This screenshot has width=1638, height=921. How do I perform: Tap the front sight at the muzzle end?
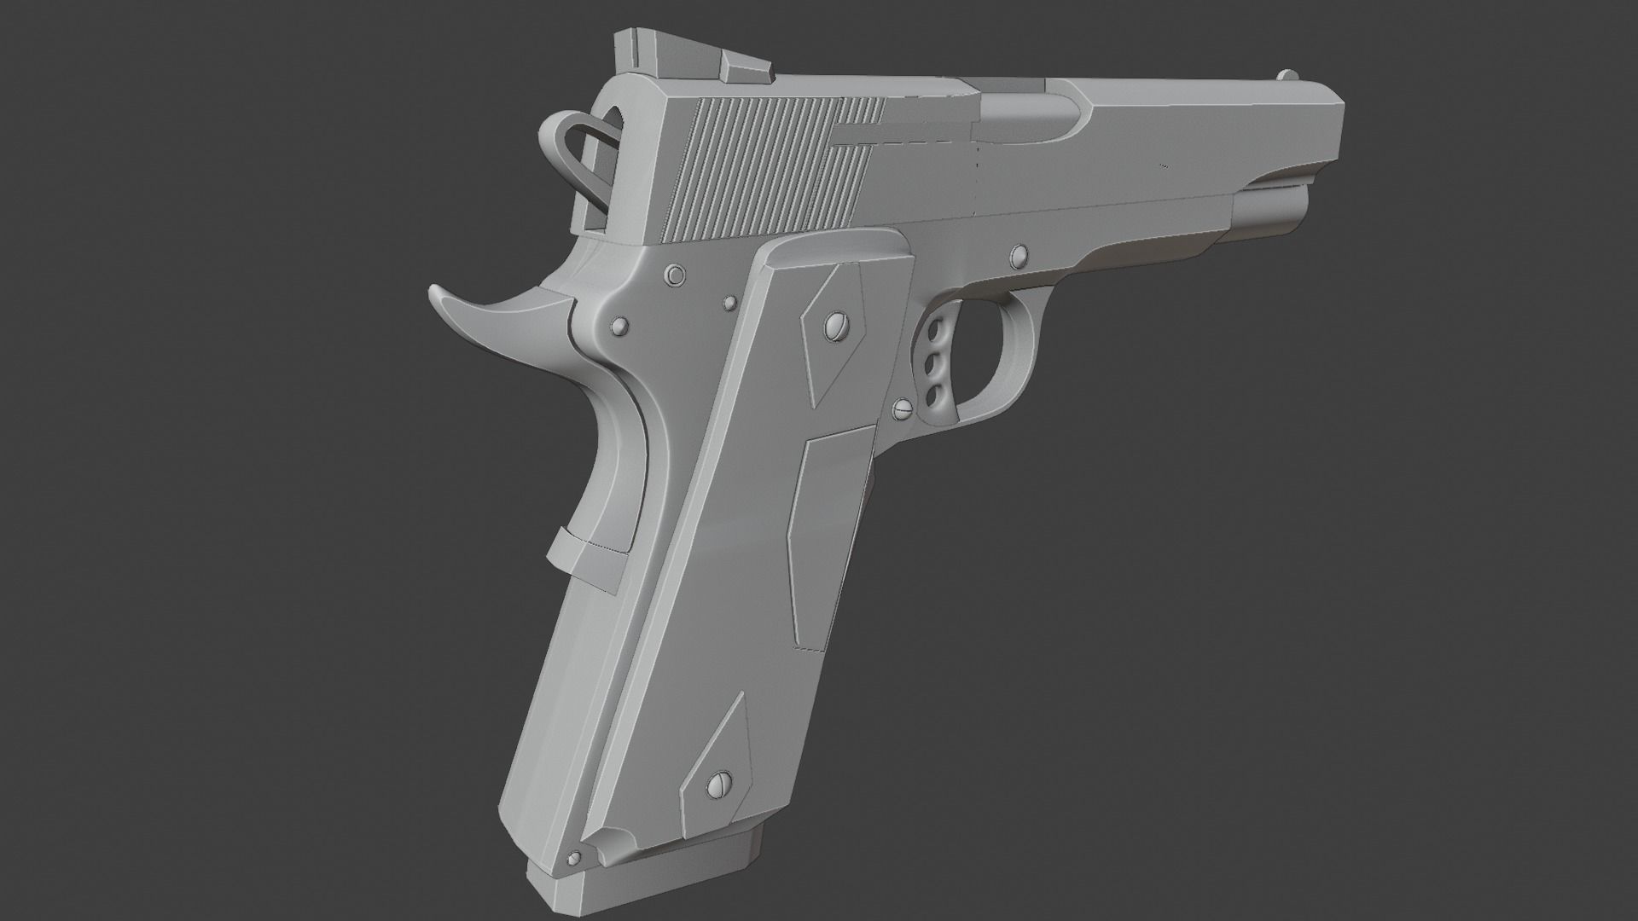coord(1286,74)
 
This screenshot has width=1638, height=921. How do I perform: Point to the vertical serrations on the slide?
coord(768,171)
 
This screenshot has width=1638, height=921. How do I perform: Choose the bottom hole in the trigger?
coord(935,393)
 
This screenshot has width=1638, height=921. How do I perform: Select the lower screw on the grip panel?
coord(718,782)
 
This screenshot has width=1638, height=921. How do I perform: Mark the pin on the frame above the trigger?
coord(1018,253)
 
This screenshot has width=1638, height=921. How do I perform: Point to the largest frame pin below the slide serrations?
coord(676,275)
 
